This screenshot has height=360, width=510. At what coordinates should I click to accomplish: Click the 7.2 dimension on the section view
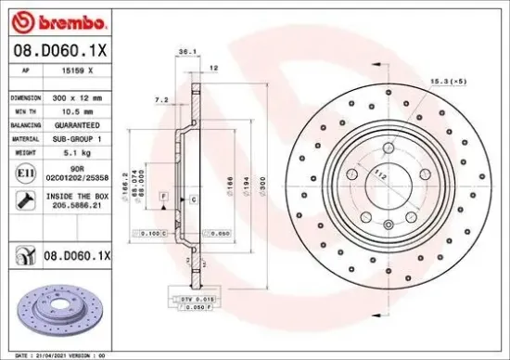point(160,98)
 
